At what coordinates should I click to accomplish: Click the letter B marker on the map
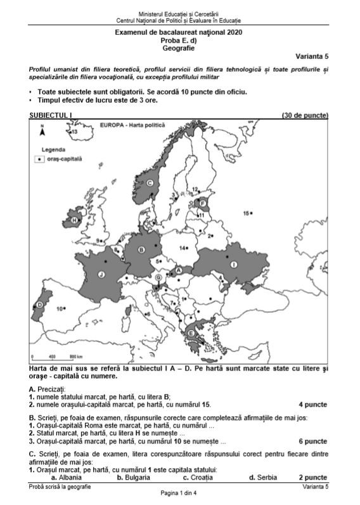coord(142,249)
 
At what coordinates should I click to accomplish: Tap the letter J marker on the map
coord(101,274)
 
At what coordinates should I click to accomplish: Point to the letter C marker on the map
coord(150,183)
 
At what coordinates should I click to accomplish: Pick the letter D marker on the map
coord(39,305)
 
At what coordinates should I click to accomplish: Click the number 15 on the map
coord(247,214)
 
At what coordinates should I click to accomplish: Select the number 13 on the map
coord(73,131)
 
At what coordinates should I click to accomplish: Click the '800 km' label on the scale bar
coord(76,357)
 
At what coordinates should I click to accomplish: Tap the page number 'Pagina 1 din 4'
coord(179,494)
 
